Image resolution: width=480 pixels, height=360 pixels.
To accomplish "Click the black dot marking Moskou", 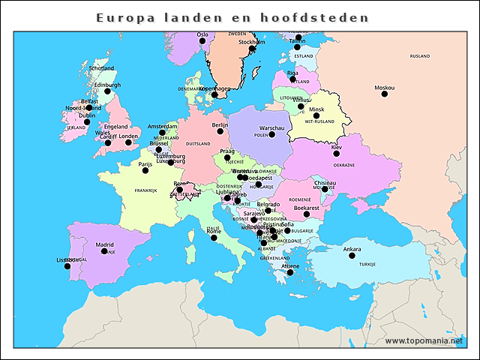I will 385,94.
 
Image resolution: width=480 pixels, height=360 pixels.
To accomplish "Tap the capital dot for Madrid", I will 105,251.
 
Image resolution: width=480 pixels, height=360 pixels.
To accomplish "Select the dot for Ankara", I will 352,256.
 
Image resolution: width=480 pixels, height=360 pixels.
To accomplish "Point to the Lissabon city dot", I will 67,266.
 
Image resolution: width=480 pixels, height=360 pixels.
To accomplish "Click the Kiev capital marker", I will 337,154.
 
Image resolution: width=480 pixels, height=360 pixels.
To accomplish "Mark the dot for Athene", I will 290,273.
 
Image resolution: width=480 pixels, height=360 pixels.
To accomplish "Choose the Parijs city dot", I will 145,170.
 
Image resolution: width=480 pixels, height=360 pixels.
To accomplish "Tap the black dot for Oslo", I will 202,41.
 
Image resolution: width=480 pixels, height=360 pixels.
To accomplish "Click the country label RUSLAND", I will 420,55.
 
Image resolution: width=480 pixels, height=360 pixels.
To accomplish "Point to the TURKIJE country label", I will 367,265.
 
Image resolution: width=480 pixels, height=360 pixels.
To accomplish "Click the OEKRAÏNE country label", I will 344,164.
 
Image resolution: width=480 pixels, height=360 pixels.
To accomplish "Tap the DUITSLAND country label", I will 198,143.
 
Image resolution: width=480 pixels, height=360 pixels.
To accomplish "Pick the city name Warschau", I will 271,128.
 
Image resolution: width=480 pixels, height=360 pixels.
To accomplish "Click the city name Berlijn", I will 220,124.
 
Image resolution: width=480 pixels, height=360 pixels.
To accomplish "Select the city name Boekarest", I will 306,207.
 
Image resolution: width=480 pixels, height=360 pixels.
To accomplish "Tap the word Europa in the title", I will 122,16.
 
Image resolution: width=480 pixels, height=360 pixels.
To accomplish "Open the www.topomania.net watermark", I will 424,340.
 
